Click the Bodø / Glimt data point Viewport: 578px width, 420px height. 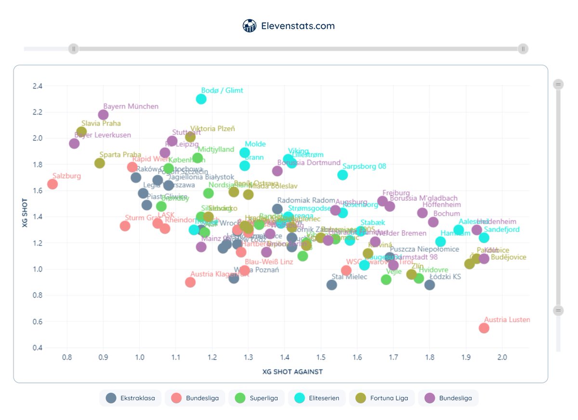(x=201, y=99)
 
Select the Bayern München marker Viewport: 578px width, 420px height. (x=103, y=115)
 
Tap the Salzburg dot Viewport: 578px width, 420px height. (x=53, y=184)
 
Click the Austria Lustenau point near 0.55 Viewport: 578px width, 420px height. (x=484, y=328)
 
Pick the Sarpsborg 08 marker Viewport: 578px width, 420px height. (x=342, y=175)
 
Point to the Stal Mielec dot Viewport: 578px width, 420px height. (x=331, y=285)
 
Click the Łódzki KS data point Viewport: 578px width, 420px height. (x=430, y=285)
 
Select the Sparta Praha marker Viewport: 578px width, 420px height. (x=100, y=163)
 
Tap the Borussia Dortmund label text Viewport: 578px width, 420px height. (x=309, y=163)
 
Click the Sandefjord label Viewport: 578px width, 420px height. (x=501, y=230)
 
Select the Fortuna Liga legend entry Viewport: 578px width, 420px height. (x=381, y=398)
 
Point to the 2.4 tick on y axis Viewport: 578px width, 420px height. (x=37, y=86)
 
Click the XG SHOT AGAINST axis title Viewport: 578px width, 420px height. (x=292, y=372)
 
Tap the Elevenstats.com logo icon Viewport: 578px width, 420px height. (x=249, y=26)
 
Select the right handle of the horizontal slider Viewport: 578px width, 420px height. (x=523, y=49)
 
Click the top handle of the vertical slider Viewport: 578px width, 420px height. (x=558, y=85)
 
